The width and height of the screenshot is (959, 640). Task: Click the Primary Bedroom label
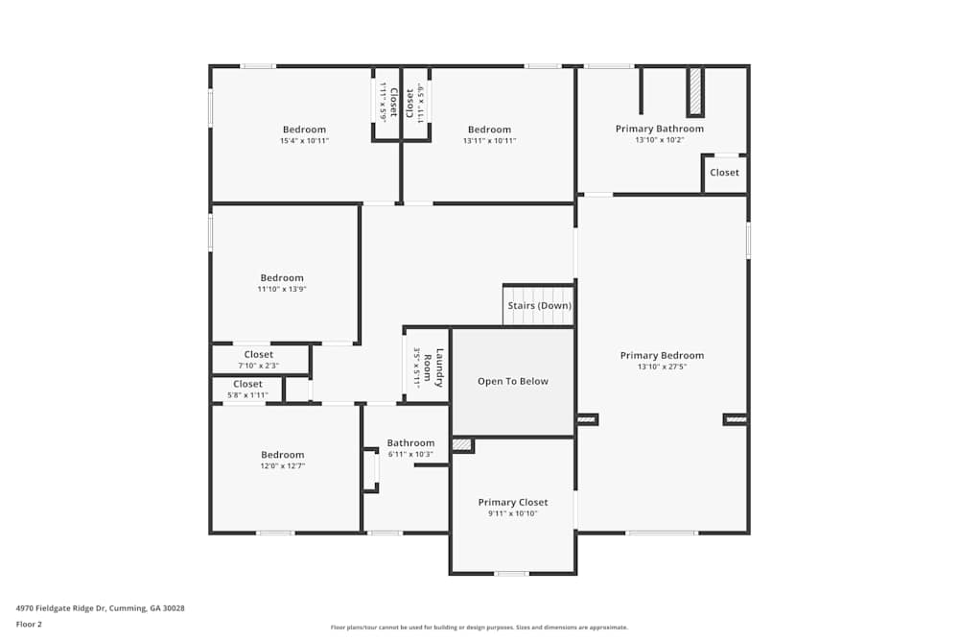(x=662, y=355)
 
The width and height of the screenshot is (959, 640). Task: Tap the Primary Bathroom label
(x=659, y=129)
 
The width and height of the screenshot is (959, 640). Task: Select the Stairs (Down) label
(x=539, y=306)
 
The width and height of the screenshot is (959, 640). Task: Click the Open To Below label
(x=513, y=381)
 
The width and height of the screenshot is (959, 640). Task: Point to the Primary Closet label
(x=513, y=502)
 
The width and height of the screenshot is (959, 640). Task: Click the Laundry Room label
(x=433, y=366)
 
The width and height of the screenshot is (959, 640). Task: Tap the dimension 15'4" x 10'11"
(x=304, y=141)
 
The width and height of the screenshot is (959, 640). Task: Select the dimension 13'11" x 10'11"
(x=489, y=141)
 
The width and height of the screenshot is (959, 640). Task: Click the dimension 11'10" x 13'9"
(x=282, y=289)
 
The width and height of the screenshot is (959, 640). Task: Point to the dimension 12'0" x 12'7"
(x=282, y=466)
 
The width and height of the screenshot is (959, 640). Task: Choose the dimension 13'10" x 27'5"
(x=662, y=367)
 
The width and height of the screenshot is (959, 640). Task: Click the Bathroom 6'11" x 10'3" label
(x=410, y=443)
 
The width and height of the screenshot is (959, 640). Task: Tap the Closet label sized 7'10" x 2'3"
(x=258, y=354)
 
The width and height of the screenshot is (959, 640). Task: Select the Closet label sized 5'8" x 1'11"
(x=247, y=384)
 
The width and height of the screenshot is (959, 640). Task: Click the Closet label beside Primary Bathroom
(x=724, y=173)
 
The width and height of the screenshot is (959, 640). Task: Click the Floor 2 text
(x=29, y=624)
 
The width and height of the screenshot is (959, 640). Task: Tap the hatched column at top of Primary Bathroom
(x=695, y=91)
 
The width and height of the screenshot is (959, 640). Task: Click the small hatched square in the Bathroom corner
(x=462, y=444)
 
